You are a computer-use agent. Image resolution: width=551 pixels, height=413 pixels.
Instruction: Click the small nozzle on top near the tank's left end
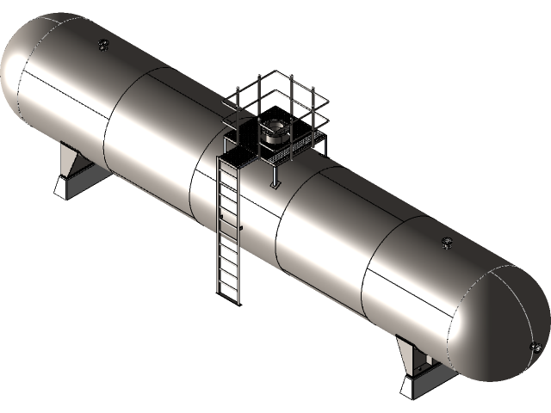104,44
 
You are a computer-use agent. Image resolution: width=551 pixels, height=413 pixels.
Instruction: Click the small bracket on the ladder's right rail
241,227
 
